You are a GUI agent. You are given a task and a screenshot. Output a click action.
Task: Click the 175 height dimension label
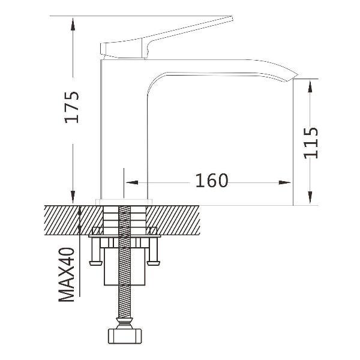coord(72,107)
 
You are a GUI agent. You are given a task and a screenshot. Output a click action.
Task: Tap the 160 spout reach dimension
coord(212,181)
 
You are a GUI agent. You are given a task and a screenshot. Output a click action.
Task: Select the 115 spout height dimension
coord(311,143)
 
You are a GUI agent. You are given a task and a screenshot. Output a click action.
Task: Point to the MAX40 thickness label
coord(67,275)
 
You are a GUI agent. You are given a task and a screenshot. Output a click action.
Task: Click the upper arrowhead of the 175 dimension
coord(73,25)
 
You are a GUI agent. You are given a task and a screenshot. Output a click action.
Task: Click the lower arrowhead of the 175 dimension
coord(73,197)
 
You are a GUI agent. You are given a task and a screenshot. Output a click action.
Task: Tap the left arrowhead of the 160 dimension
coord(132,182)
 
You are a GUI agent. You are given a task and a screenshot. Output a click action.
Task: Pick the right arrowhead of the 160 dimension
coord(284,182)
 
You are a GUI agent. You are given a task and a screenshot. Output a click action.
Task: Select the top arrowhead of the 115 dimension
coord(310,86)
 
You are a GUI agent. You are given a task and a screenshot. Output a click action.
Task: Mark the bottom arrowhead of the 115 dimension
coord(310,197)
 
